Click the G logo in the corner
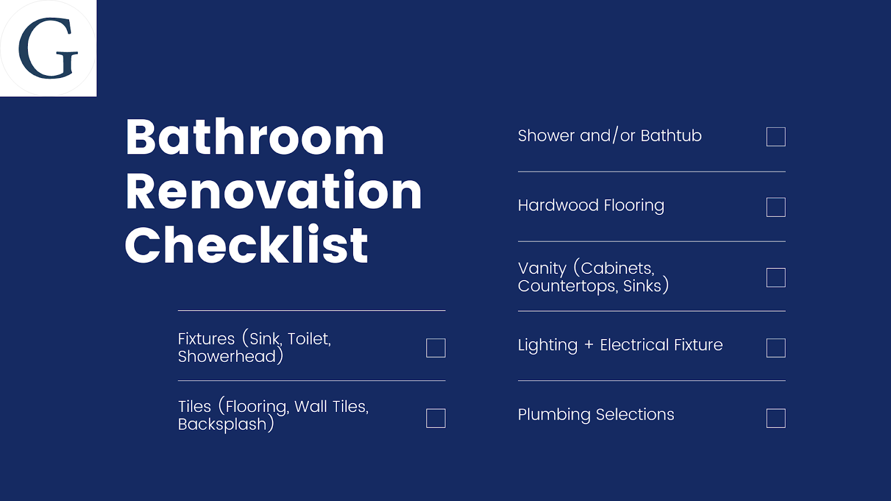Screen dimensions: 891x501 48,48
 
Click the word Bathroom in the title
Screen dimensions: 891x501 255,137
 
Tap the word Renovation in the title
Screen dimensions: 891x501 273,190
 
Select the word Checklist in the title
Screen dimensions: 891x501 246,244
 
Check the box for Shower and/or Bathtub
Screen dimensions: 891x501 776,137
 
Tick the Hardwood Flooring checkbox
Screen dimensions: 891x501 776,207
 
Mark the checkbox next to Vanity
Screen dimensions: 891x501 776,278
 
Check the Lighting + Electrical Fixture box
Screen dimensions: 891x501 776,348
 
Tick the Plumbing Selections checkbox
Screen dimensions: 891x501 776,418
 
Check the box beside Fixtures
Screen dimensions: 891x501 435,348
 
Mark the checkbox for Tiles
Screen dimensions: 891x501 435,418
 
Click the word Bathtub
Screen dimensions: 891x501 671,136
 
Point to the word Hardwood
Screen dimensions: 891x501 558,205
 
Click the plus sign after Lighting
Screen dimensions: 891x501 589,345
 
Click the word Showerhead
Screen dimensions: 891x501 227,356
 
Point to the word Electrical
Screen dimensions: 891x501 634,345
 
